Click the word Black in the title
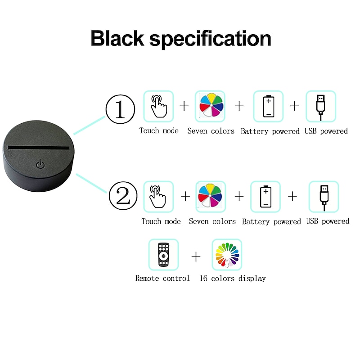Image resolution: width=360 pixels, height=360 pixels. point(117,38)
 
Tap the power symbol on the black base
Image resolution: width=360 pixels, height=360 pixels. point(40,164)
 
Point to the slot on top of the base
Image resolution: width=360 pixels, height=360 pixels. point(39,148)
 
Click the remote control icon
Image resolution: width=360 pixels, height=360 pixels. point(163,254)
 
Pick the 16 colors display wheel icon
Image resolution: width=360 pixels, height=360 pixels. point(227,254)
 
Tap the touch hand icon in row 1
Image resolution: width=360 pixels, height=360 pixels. point(158,106)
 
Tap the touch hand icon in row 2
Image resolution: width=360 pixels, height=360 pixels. point(158,197)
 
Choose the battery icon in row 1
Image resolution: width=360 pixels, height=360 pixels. point(268,106)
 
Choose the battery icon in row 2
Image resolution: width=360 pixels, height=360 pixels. point(265,197)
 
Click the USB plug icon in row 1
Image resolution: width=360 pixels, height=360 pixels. point(321,106)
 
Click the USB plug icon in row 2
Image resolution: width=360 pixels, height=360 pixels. point(324,197)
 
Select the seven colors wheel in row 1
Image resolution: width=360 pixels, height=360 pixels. point(210,106)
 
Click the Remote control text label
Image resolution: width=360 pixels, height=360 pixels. point(162,279)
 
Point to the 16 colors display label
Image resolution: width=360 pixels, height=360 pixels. point(233,279)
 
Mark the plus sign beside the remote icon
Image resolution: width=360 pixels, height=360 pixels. point(196,256)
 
